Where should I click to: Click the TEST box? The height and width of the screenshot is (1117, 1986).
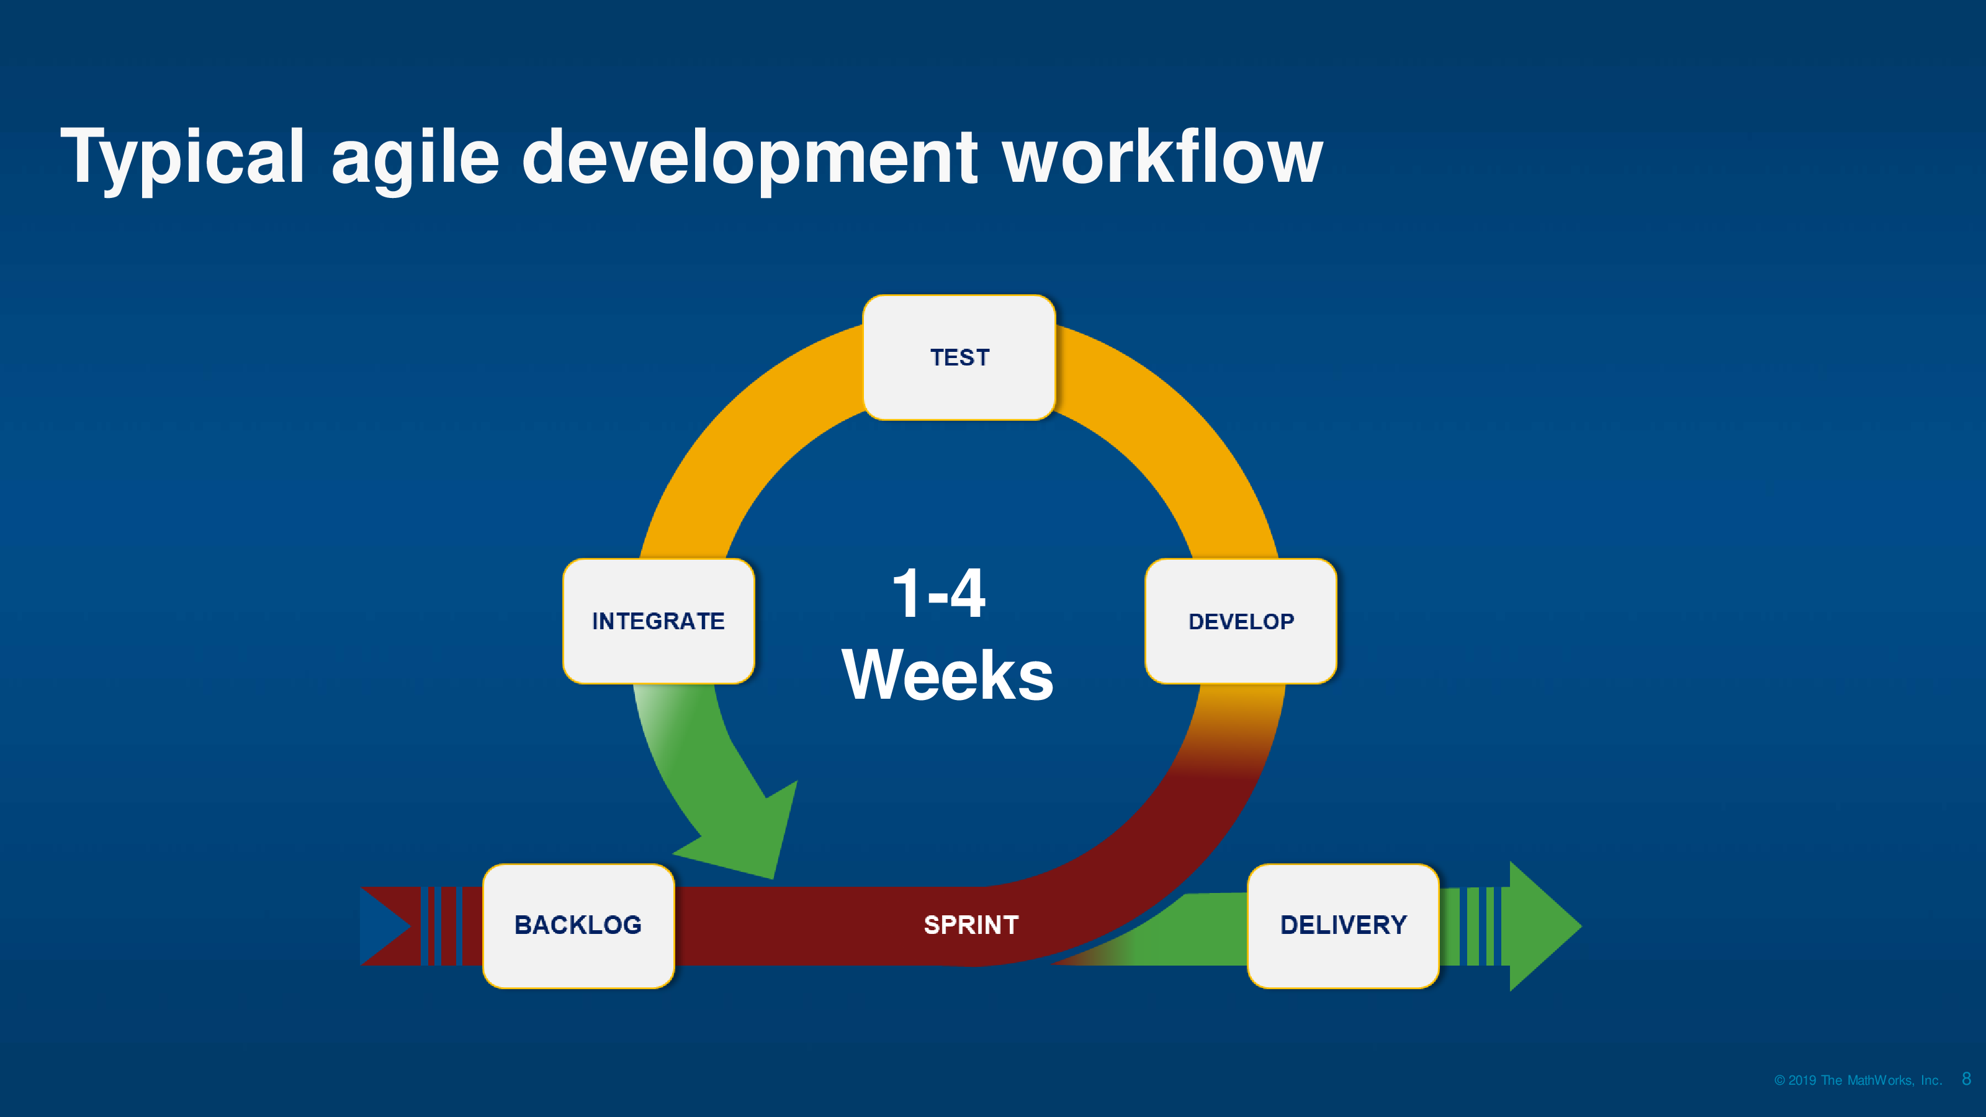(959, 357)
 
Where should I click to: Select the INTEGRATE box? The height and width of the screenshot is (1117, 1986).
(658, 621)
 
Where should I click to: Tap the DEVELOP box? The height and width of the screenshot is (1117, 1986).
(1241, 621)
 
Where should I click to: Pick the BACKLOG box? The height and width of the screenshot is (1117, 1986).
(578, 925)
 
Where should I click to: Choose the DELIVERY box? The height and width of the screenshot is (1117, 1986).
(1343, 925)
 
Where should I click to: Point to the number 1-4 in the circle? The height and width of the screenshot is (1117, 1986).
(938, 594)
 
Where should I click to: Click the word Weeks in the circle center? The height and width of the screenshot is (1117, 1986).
(948, 675)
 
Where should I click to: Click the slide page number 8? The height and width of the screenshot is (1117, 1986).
(1967, 1079)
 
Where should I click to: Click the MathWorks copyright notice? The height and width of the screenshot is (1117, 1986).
(1858, 1080)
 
